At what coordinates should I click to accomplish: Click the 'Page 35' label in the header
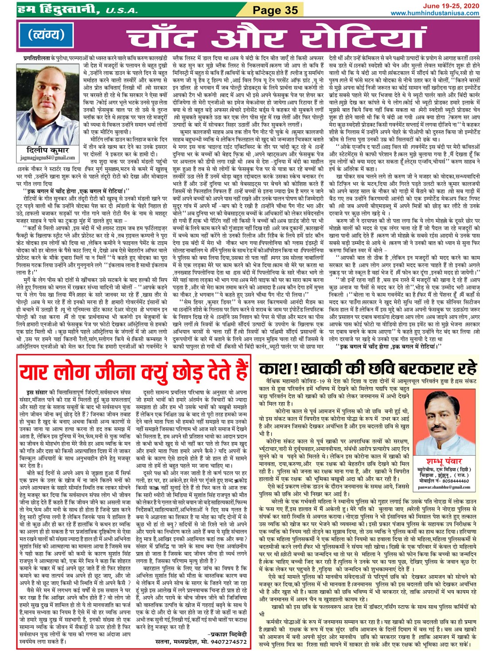(275, 10)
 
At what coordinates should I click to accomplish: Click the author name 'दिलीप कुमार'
(48, 150)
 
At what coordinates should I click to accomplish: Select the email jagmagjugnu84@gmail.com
(48, 158)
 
